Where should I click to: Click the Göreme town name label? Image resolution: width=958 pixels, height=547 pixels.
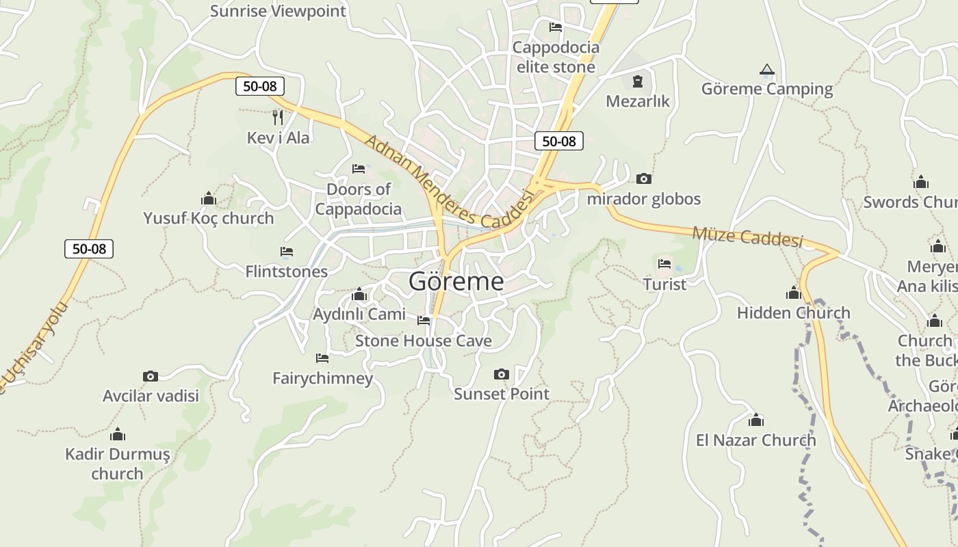(x=456, y=281)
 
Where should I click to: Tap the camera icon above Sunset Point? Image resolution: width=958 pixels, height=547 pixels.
(x=502, y=374)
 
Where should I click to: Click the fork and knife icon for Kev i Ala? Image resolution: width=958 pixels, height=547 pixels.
(x=278, y=118)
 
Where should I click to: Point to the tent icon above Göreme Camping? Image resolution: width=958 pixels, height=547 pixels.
(x=767, y=70)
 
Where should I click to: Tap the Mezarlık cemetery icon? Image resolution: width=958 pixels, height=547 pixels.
(x=638, y=81)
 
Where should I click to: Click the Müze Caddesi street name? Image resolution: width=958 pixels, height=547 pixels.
(x=747, y=237)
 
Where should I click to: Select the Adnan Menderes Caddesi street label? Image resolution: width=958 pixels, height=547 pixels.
(x=449, y=183)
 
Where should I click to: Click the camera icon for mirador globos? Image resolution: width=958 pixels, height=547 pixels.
(x=644, y=178)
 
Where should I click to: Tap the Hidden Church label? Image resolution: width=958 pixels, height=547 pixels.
(x=794, y=312)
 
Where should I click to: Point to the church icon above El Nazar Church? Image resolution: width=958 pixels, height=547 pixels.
(x=756, y=420)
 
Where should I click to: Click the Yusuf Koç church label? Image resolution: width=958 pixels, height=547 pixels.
(x=208, y=218)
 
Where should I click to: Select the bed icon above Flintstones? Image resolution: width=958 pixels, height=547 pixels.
(x=287, y=252)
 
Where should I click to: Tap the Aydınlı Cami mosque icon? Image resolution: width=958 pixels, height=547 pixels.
(x=359, y=295)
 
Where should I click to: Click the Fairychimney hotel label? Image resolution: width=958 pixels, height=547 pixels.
(x=323, y=378)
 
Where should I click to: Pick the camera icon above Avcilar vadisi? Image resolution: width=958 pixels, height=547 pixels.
(x=151, y=376)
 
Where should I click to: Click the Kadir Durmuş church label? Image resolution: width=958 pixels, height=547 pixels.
(x=117, y=464)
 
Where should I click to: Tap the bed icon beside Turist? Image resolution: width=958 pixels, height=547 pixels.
(x=664, y=263)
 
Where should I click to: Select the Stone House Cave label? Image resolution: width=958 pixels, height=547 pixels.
(x=423, y=341)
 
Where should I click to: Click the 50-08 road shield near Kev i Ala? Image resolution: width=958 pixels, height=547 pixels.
(x=260, y=86)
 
